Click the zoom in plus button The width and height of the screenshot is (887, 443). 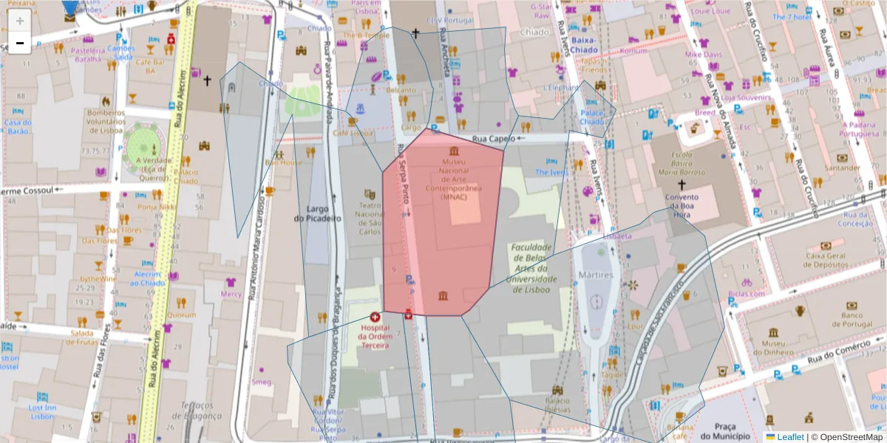pos(19,21)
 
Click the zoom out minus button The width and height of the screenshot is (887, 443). pos(19,43)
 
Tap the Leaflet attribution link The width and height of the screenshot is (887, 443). pos(790,437)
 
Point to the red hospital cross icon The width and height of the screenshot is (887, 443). pos(375,317)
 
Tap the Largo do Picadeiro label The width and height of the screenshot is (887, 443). pos(317,213)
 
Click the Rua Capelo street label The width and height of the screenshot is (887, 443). pos(493,138)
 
